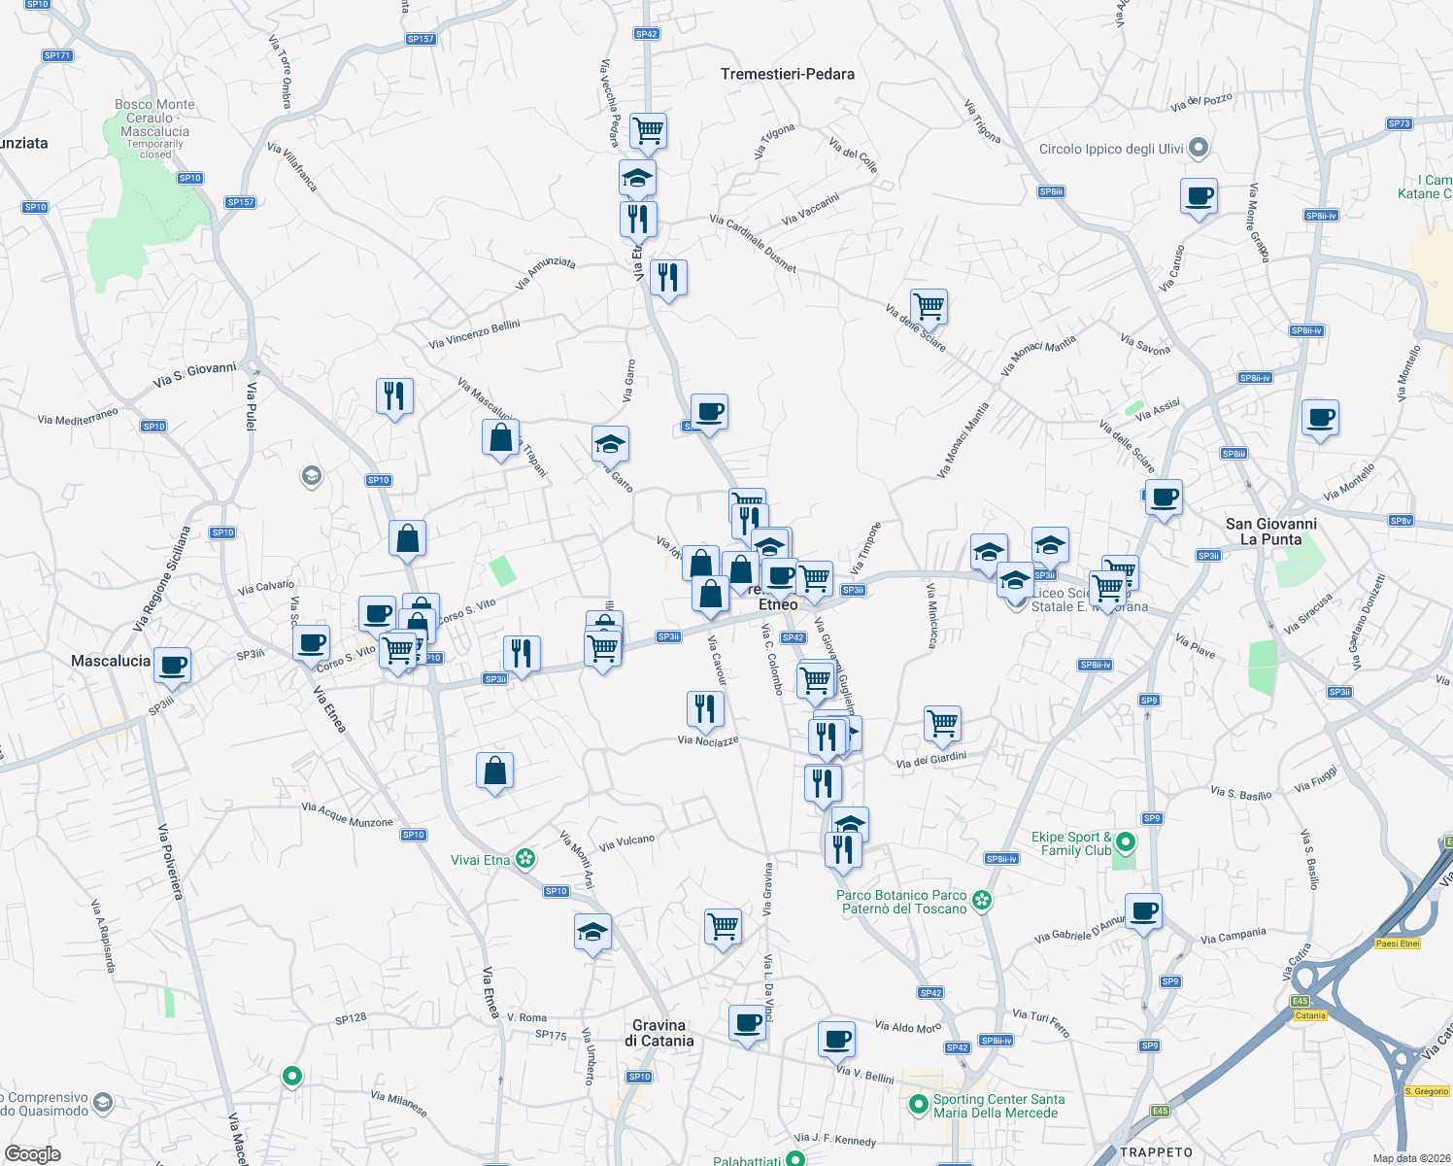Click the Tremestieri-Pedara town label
click(788, 74)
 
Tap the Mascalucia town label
click(111, 661)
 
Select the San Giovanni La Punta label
click(1270, 532)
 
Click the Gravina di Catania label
click(659, 1033)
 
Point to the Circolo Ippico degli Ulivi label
click(1111, 149)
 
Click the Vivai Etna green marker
click(525, 859)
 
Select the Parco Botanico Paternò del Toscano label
click(903, 902)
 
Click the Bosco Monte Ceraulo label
click(154, 118)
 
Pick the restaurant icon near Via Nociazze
click(705, 708)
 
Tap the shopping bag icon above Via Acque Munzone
click(494, 771)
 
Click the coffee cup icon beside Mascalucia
click(173, 665)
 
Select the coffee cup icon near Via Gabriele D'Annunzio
click(1144, 911)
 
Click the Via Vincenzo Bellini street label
click(474, 334)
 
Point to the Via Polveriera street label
click(170, 861)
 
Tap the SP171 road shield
click(57, 55)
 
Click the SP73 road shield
click(1399, 123)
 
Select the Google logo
click(33, 1153)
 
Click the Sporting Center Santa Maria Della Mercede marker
click(919, 1104)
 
